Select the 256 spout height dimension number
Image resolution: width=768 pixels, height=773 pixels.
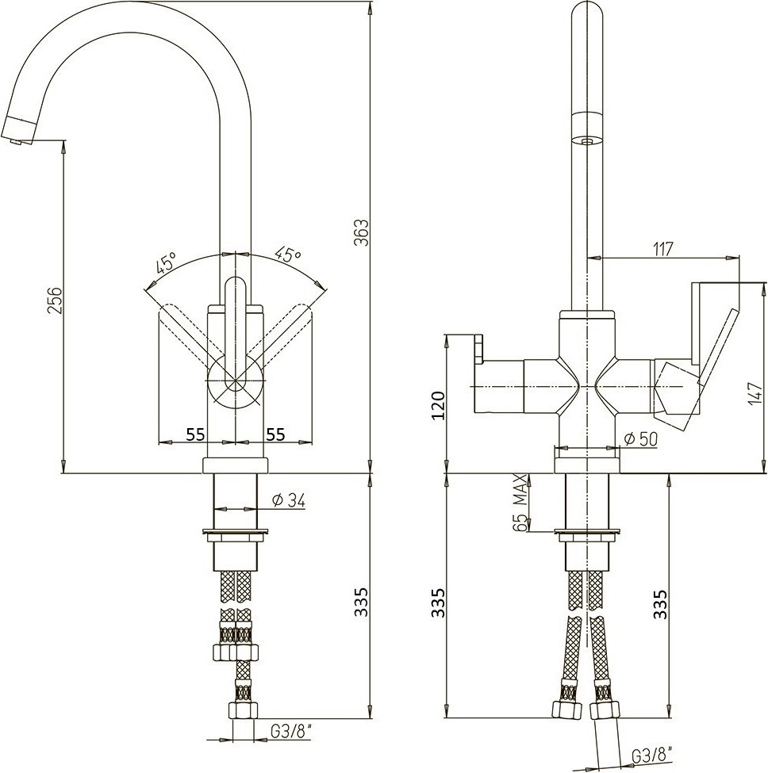coord(55,301)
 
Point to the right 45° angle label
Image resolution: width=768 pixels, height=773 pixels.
coord(288,255)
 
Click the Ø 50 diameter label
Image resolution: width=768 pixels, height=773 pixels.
coord(640,439)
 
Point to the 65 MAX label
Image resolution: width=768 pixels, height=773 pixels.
coord(520,503)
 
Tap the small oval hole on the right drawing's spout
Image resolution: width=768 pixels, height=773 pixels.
coord(588,140)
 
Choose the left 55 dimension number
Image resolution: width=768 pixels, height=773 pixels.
coord(196,433)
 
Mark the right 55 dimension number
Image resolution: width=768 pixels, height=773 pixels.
coord(275,433)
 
